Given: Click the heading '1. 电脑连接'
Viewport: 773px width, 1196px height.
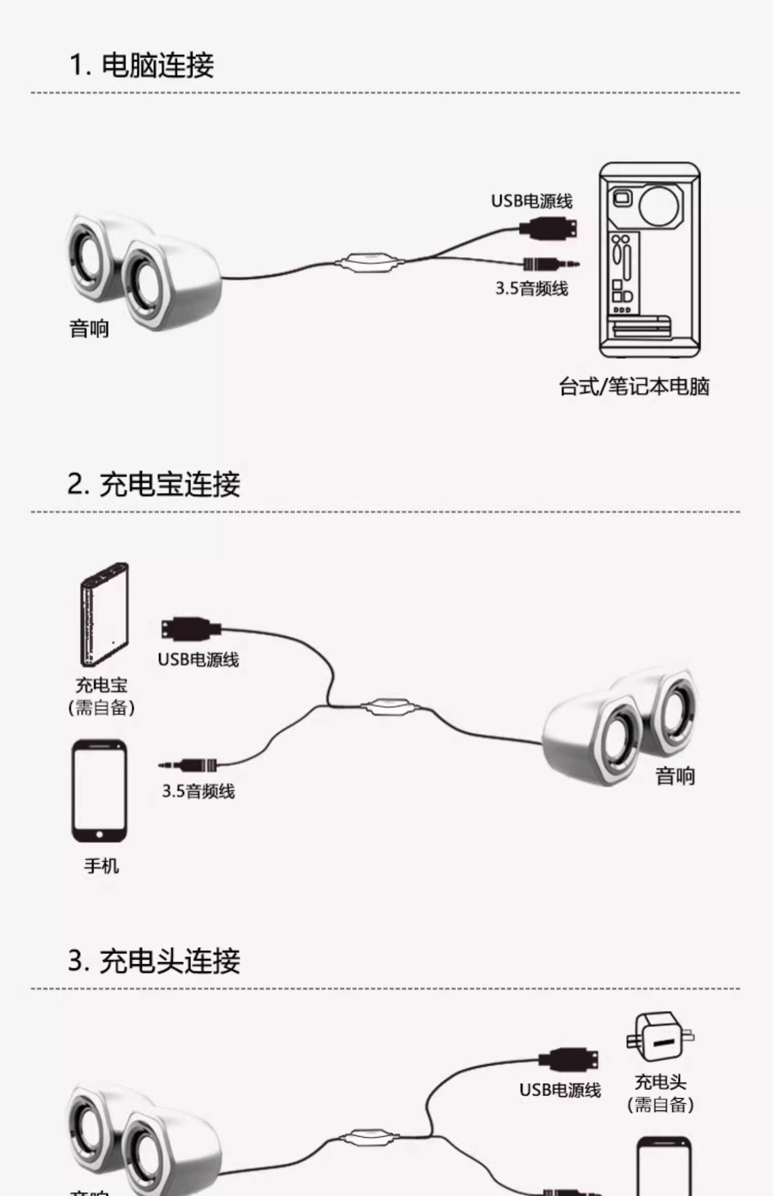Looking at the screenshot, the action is coord(142,65).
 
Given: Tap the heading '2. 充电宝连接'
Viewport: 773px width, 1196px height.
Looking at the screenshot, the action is coord(154,484).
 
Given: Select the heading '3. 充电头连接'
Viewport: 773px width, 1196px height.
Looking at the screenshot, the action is coord(154,961).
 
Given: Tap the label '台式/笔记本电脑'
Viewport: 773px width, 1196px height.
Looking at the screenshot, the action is coord(634,386).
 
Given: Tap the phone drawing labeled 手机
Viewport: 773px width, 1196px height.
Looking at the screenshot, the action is coord(99,791).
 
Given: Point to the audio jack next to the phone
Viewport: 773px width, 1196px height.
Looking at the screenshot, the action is coord(189,765).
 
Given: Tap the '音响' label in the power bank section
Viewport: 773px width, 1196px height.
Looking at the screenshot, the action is coord(675,776).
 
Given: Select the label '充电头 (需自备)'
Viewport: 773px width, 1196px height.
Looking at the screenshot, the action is coord(660,1093).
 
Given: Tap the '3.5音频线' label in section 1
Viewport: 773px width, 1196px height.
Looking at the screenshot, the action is coord(532,288).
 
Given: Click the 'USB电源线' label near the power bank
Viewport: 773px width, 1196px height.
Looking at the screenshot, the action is coord(198,659).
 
